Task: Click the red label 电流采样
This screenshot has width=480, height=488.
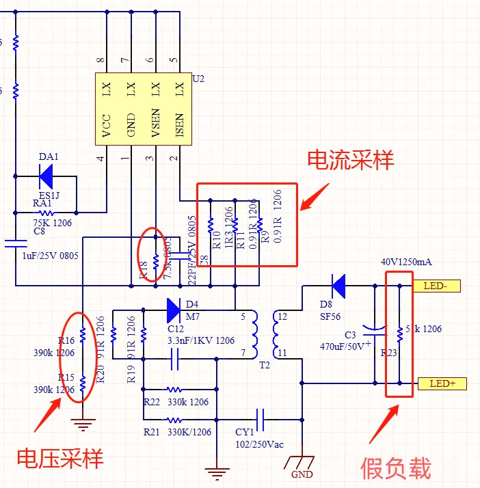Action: pos(350,161)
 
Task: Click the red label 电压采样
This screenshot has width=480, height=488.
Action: pos(60,457)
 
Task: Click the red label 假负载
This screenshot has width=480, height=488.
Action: pos(396,469)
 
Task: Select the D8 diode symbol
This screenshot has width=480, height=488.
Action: pos(337,285)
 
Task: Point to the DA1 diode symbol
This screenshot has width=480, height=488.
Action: pos(47,176)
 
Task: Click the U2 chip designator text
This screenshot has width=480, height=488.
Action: pos(198,79)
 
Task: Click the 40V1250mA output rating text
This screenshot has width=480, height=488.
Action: pos(406,262)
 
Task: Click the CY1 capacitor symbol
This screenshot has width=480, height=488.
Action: pos(261,417)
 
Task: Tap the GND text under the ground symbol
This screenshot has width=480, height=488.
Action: pos(302,474)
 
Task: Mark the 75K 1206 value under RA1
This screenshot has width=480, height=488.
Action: pos(52,223)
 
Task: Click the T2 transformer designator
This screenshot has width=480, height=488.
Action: pos(265,365)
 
